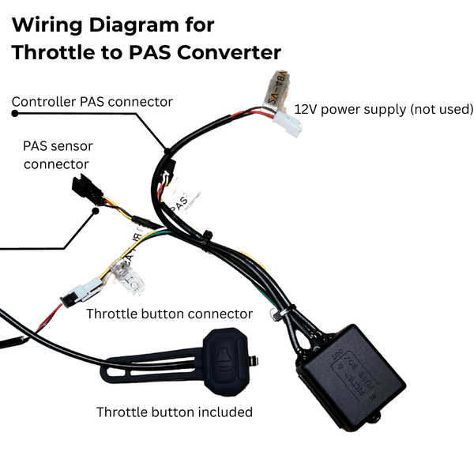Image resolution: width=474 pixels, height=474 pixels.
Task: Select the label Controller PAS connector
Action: [x=92, y=102]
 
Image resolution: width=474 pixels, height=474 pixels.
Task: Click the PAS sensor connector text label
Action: [x=55, y=156]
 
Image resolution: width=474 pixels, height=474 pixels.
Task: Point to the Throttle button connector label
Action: [x=169, y=314]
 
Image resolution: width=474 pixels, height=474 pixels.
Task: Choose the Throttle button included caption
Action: [x=174, y=412]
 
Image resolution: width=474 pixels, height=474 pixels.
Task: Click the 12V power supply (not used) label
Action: [x=383, y=109]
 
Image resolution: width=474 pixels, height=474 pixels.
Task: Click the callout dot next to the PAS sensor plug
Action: [x=96, y=210]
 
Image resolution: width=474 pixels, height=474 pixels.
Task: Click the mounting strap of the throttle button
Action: [x=150, y=367]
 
